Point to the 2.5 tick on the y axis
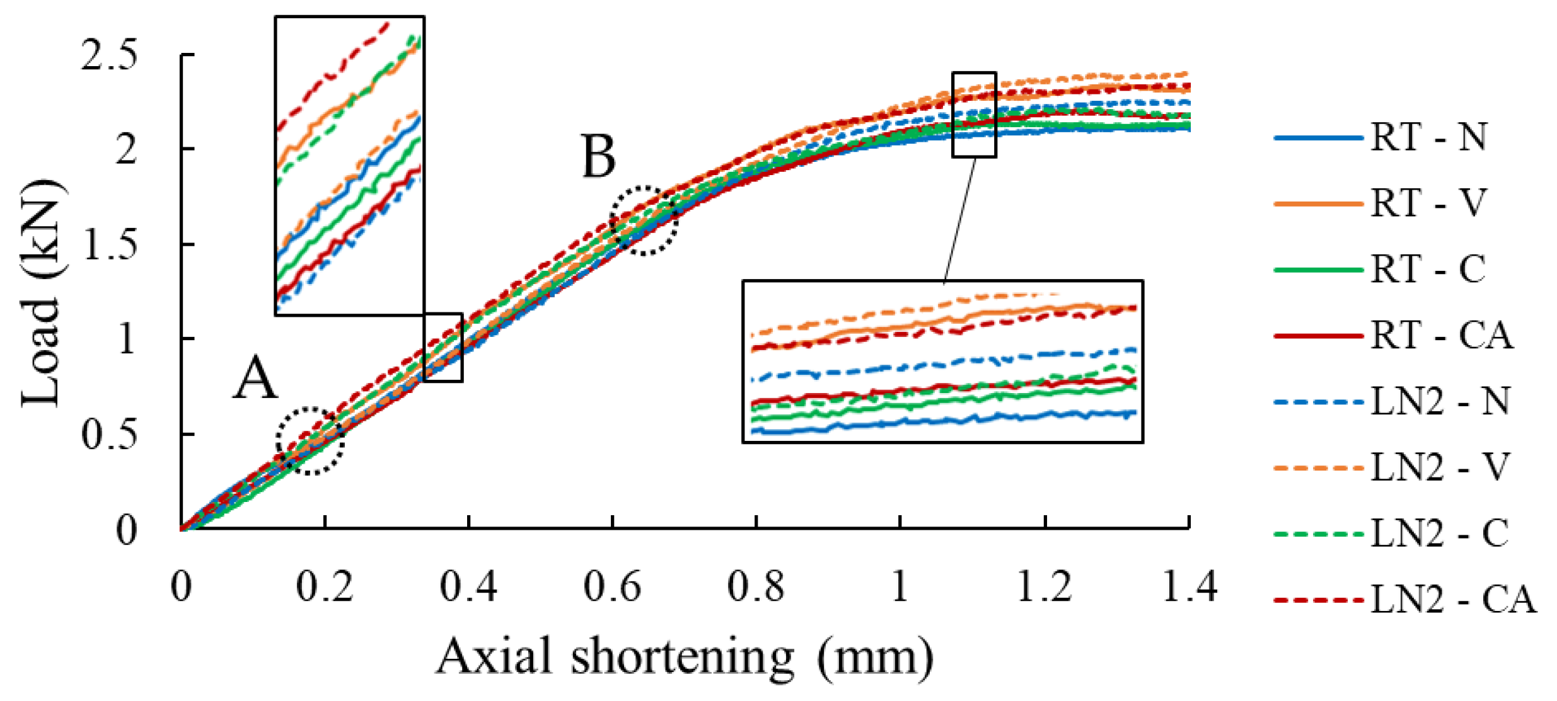[x=108, y=55]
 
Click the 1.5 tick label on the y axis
[x=108, y=244]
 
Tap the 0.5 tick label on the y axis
[x=108, y=435]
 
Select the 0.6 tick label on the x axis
[x=611, y=587]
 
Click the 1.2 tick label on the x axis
[x=1045, y=587]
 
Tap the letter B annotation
[x=598, y=157]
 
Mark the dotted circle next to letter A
[x=310, y=441]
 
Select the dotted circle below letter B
[x=644, y=220]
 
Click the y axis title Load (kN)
[x=42, y=293]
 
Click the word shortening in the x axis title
[x=682, y=656]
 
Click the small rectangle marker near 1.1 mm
[x=974, y=115]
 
